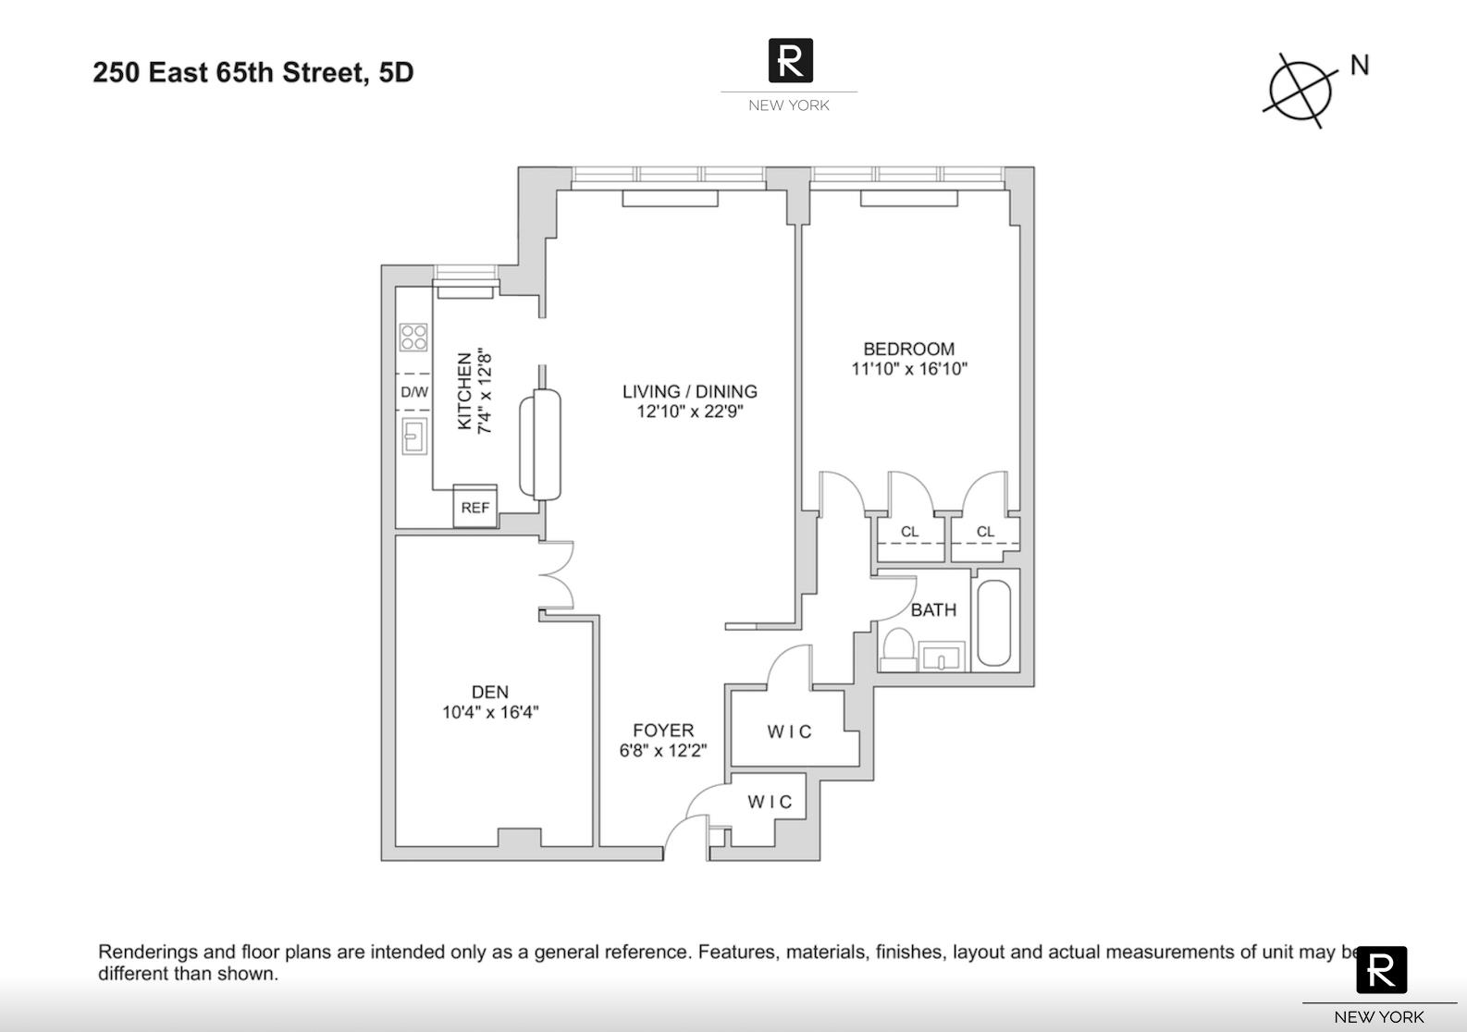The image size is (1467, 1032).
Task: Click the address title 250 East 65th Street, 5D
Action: pyautogui.click(x=253, y=72)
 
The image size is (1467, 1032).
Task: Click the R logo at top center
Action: pyautogui.click(x=790, y=61)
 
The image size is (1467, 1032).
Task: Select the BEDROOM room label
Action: pyautogui.click(x=908, y=349)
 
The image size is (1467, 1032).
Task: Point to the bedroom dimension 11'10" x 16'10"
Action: pyautogui.click(x=908, y=369)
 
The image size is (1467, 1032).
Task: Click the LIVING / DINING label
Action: pyautogui.click(x=689, y=391)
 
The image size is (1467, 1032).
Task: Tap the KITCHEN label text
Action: pyautogui.click(x=465, y=391)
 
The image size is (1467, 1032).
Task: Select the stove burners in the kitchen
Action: pyautogui.click(x=413, y=338)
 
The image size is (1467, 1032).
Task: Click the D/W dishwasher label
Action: pyautogui.click(x=413, y=392)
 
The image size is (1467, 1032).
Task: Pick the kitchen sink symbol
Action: pyautogui.click(x=414, y=436)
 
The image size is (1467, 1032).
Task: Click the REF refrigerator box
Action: pyautogui.click(x=475, y=507)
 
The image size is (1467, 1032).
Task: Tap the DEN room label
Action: pyautogui.click(x=489, y=692)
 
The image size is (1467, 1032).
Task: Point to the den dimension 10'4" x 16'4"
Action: pyautogui.click(x=489, y=712)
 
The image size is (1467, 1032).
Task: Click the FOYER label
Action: pyautogui.click(x=662, y=731)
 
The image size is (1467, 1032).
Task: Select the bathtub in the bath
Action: pyautogui.click(x=994, y=622)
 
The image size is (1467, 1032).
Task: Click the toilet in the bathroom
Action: pyautogui.click(x=897, y=648)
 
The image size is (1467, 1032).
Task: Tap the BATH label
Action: pyautogui.click(x=933, y=609)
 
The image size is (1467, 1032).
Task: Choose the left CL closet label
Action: pyautogui.click(x=909, y=532)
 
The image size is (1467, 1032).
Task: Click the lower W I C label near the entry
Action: pyautogui.click(x=770, y=802)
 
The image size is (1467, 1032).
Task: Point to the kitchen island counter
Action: pyautogui.click(x=541, y=445)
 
